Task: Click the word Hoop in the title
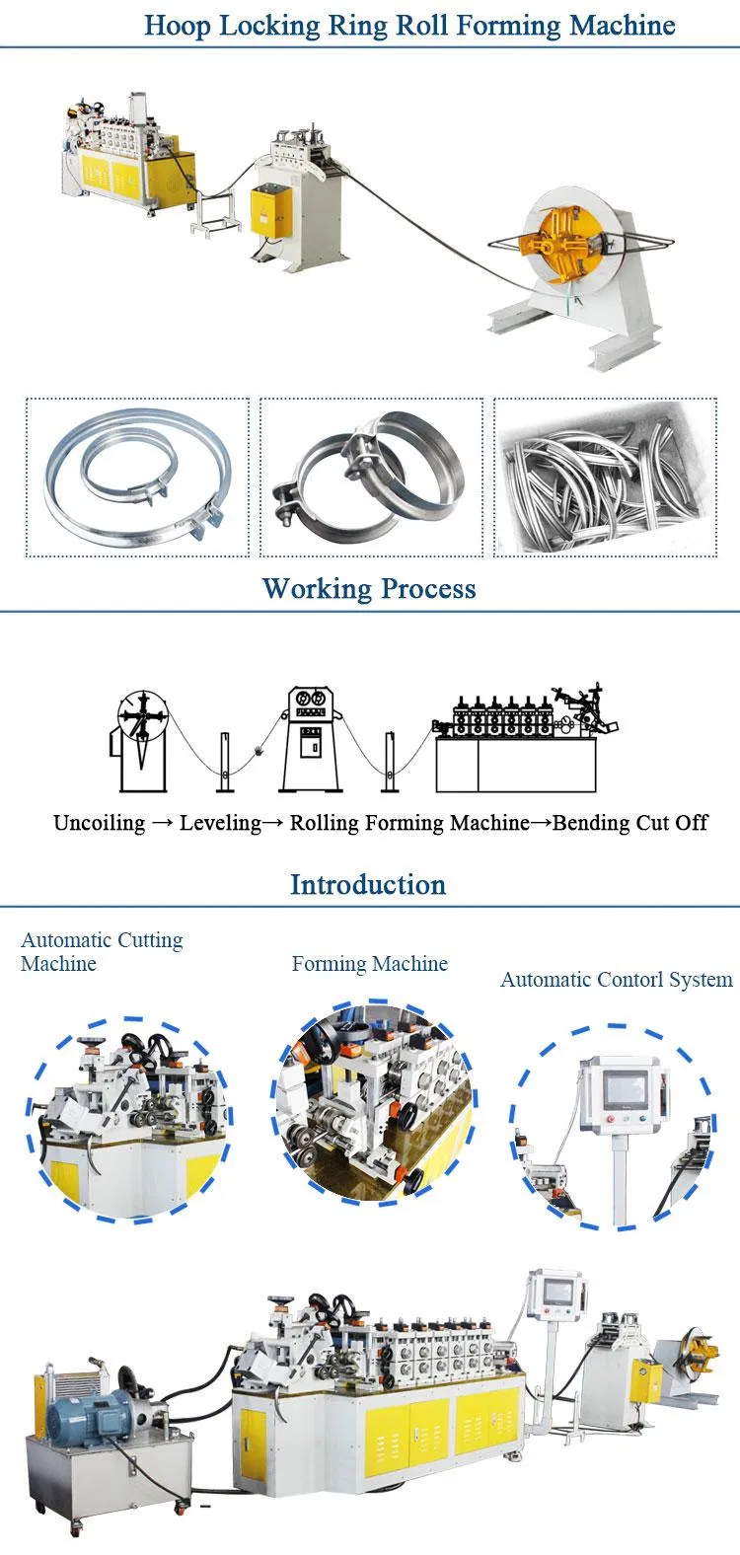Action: pyautogui.click(x=178, y=26)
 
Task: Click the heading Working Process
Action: pyautogui.click(x=369, y=589)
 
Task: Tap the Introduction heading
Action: pyautogui.click(x=368, y=884)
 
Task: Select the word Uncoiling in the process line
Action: pyautogui.click(x=99, y=823)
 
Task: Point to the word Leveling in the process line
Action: pyautogui.click(x=220, y=823)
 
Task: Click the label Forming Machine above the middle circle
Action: pyautogui.click(x=369, y=964)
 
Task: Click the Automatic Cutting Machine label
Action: pyautogui.click(x=102, y=952)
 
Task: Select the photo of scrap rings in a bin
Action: pyautogui.click(x=605, y=478)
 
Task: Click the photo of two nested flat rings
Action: pyautogui.click(x=138, y=478)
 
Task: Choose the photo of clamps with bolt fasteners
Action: pyautogui.click(x=371, y=478)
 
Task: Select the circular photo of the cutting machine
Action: pyautogui.click(x=129, y=1120)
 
